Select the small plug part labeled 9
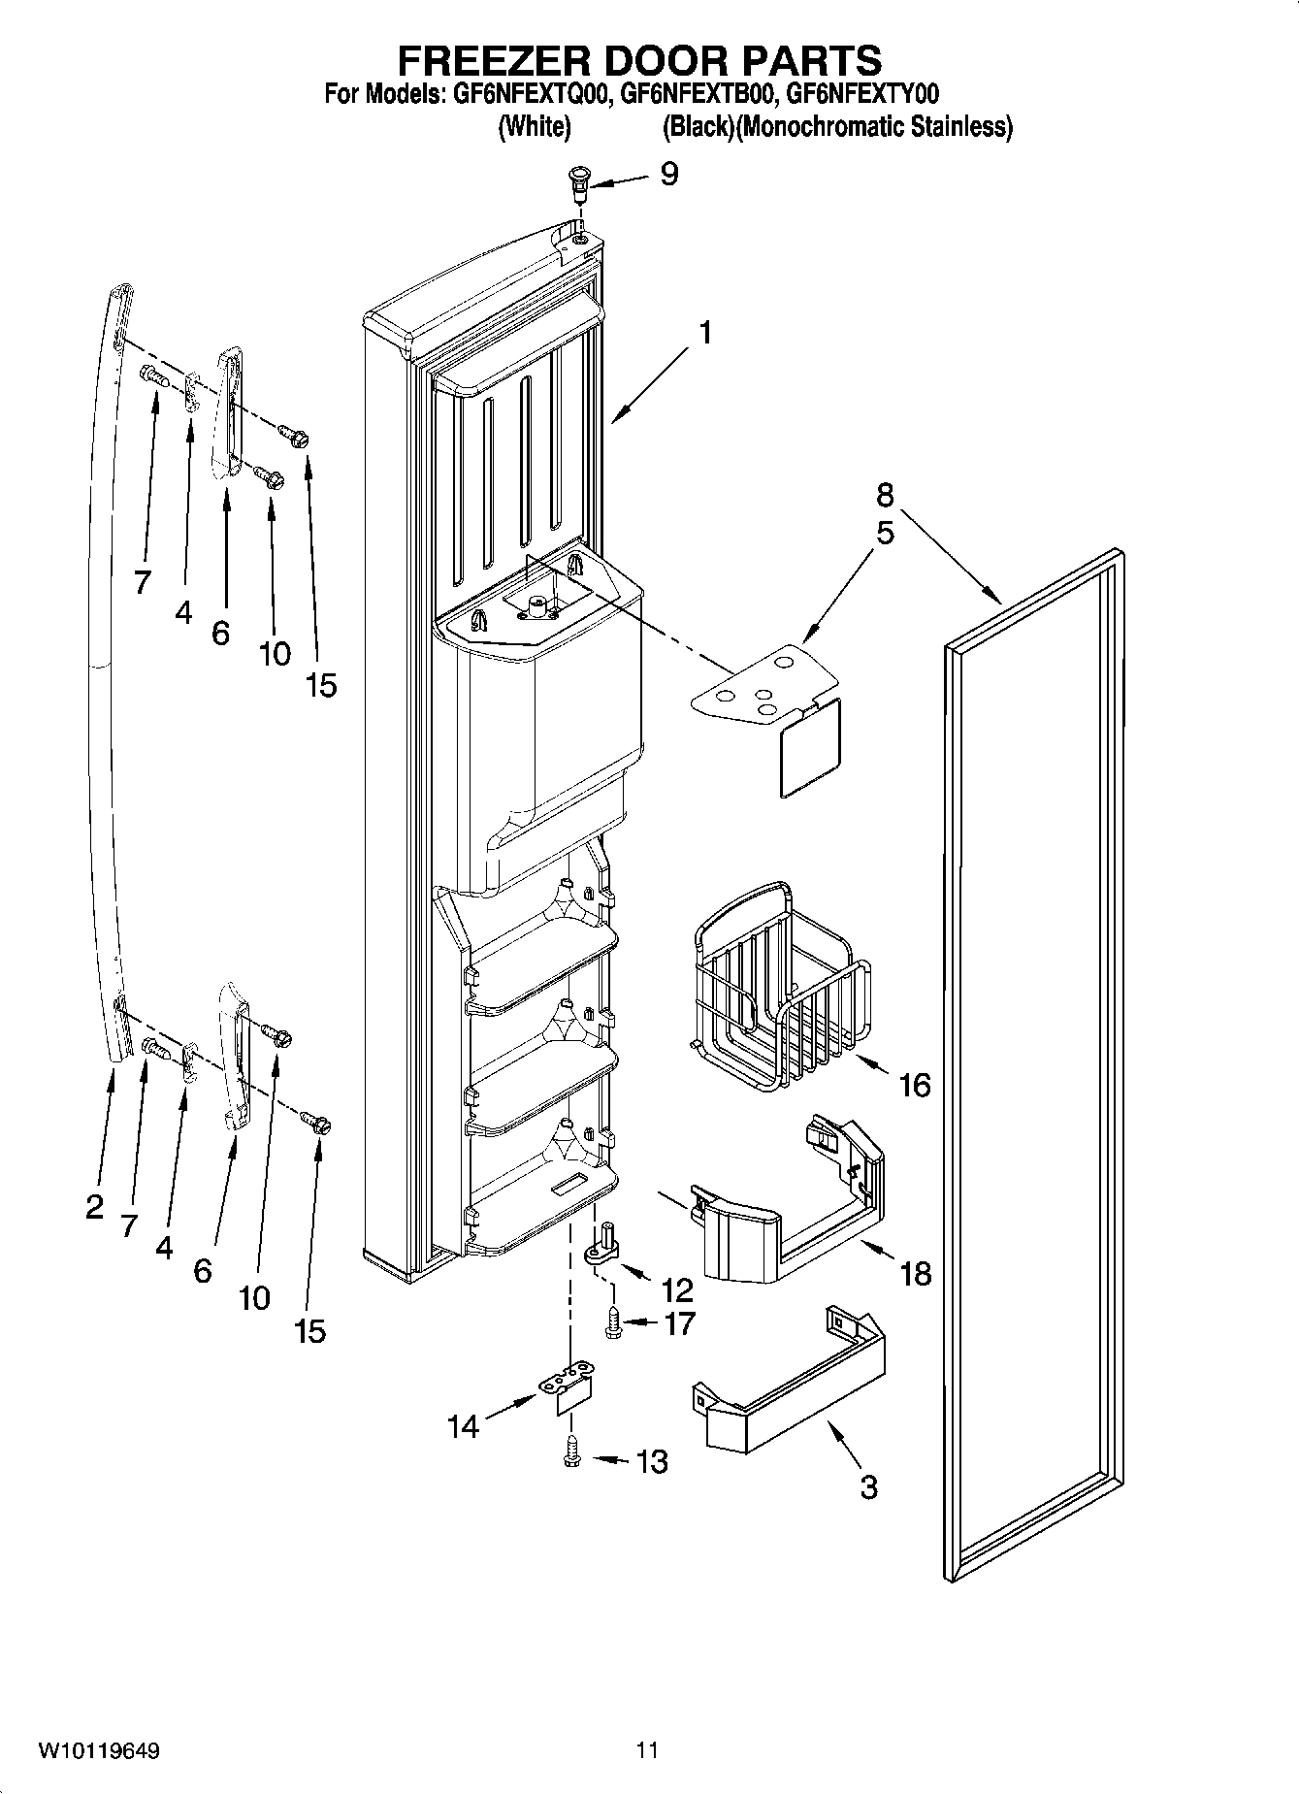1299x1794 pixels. (x=579, y=181)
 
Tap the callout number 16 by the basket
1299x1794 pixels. (x=914, y=1084)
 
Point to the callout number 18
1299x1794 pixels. (x=916, y=1272)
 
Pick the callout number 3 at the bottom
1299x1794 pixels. (x=868, y=1485)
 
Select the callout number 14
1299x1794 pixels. (x=464, y=1426)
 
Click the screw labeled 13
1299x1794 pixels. (x=572, y=1452)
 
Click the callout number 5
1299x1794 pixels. (x=884, y=533)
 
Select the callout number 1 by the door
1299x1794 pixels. (x=705, y=333)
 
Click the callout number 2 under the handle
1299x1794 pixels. (x=93, y=1207)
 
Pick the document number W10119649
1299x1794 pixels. (x=99, y=1750)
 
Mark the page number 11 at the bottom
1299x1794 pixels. (x=647, y=1750)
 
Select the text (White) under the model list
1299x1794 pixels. (x=534, y=127)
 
